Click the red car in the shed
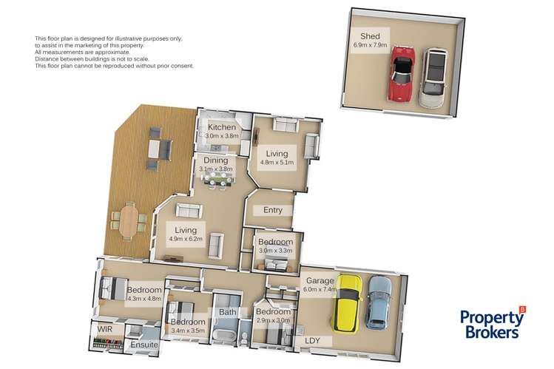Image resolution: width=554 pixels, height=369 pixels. pyautogui.click(x=402, y=73)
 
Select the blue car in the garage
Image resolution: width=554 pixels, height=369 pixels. pyautogui.click(x=379, y=302)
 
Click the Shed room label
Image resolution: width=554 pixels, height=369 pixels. pyautogui.click(x=370, y=35)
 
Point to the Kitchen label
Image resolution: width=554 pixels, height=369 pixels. pyautogui.click(x=221, y=127)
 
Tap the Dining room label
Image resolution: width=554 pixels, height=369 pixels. pyautogui.click(x=215, y=160)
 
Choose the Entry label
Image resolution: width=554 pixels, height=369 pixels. pyautogui.click(x=273, y=210)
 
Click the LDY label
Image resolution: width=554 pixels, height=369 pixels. pyautogui.click(x=313, y=341)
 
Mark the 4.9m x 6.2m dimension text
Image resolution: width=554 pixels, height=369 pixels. pyautogui.click(x=186, y=240)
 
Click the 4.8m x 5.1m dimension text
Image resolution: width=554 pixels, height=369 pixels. pyautogui.click(x=277, y=162)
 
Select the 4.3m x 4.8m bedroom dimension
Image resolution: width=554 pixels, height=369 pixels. pyautogui.click(x=143, y=299)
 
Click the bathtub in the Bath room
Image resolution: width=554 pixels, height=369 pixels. pyautogui.click(x=226, y=336)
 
